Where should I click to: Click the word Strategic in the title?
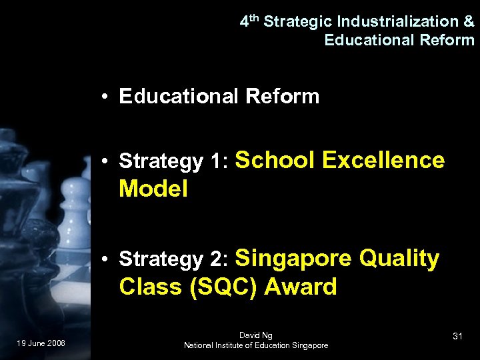click(295, 21)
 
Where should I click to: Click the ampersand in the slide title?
click(469, 21)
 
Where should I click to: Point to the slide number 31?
click(457, 337)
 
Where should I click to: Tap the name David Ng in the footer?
click(256, 335)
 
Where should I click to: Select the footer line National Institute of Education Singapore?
click(256, 345)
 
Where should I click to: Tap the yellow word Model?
click(153, 189)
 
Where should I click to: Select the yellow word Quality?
click(399, 258)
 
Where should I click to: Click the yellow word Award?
click(301, 287)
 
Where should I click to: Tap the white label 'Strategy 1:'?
click(173, 161)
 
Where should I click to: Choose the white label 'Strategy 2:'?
click(173, 259)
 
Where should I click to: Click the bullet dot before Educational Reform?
click(106, 97)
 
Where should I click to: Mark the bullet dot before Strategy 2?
click(106, 259)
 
